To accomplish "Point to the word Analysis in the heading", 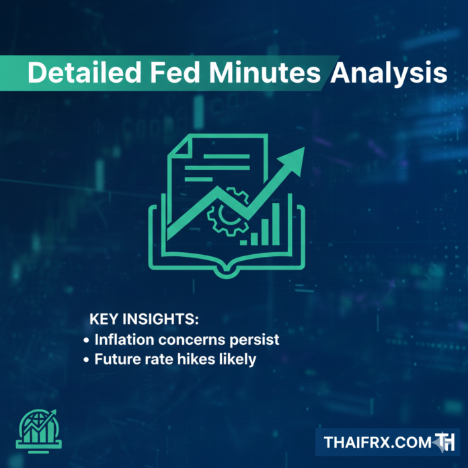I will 388,74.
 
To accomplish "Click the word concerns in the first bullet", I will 187,339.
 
